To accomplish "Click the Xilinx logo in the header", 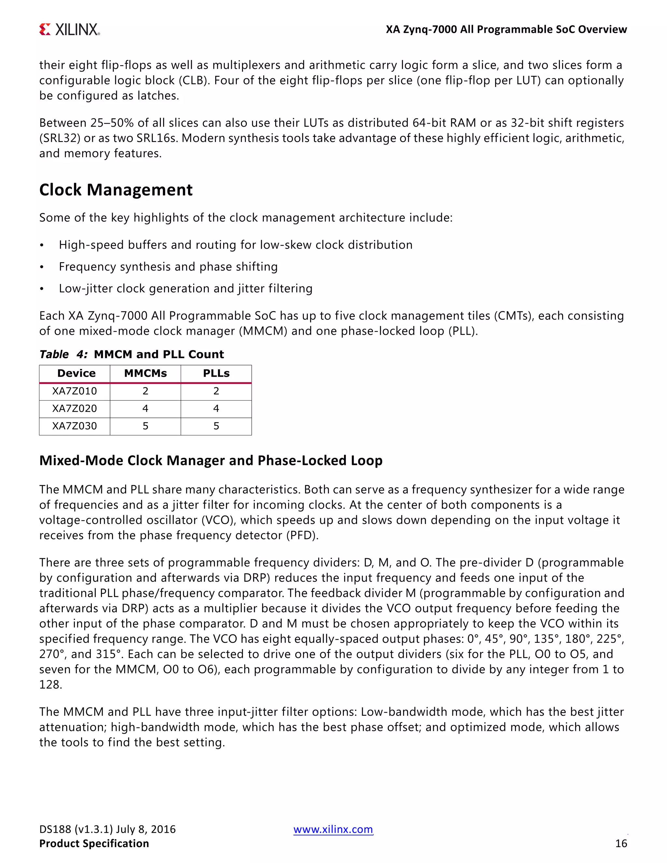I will (x=70, y=29).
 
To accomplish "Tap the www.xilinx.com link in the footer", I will (x=333, y=829).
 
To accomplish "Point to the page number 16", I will (x=621, y=844).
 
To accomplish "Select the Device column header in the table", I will (x=76, y=374).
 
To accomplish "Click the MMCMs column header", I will (x=145, y=374).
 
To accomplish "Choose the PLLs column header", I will (x=216, y=374).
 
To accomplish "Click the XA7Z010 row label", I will (x=74, y=391).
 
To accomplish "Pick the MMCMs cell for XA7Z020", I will (x=145, y=409).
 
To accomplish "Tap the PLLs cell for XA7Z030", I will (x=216, y=426).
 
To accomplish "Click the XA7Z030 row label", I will (x=74, y=426).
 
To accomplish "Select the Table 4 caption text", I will (x=131, y=354).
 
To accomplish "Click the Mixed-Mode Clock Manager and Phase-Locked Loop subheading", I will (x=211, y=460).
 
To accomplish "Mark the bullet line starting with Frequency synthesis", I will (x=168, y=267).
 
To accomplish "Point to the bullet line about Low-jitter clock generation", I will (x=185, y=289).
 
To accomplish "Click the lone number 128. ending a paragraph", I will (x=50, y=685).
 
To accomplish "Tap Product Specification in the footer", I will (x=94, y=844).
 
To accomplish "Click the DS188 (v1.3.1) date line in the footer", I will (x=107, y=829).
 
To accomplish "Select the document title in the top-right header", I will (x=506, y=30).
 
